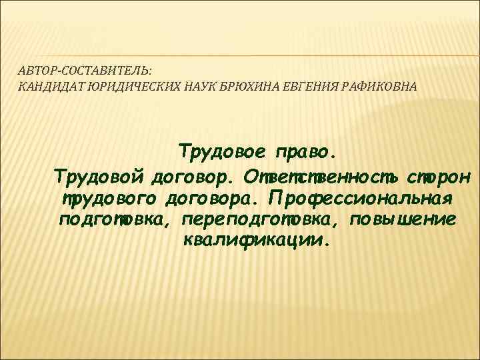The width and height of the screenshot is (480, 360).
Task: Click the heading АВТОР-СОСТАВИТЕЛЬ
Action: (x=85, y=69)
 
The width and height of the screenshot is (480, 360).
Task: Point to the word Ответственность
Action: (x=321, y=177)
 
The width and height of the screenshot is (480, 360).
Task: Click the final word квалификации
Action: (x=255, y=241)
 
